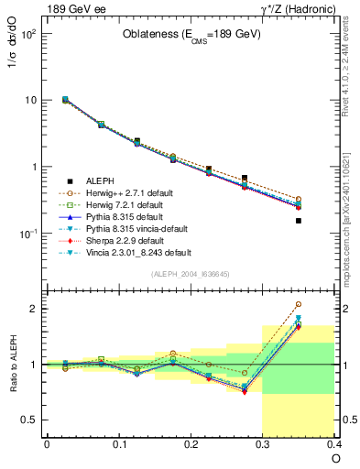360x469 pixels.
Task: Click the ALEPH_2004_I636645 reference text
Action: pyautogui.click(x=191, y=273)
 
